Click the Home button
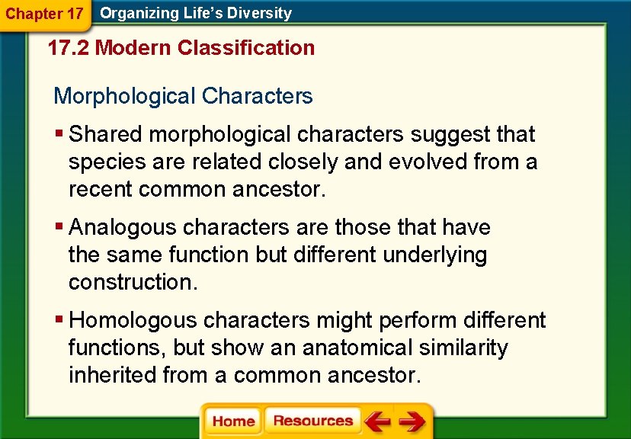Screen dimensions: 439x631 (x=233, y=421)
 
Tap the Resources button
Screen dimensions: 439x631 (x=312, y=421)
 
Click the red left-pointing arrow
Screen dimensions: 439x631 (x=377, y=421)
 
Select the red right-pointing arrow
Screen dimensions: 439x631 (x=412, y=421)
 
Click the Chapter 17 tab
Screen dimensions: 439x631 (x=43, y=13)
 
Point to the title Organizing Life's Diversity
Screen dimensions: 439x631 (x=196, y=13)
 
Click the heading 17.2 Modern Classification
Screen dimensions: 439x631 (x=181, y=48)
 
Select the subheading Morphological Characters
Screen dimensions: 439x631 (x=183, y=96)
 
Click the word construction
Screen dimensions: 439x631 (x=133, y=282)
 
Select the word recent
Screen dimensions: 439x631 (x=101, y=189)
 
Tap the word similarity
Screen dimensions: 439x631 (x=470, y=348)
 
